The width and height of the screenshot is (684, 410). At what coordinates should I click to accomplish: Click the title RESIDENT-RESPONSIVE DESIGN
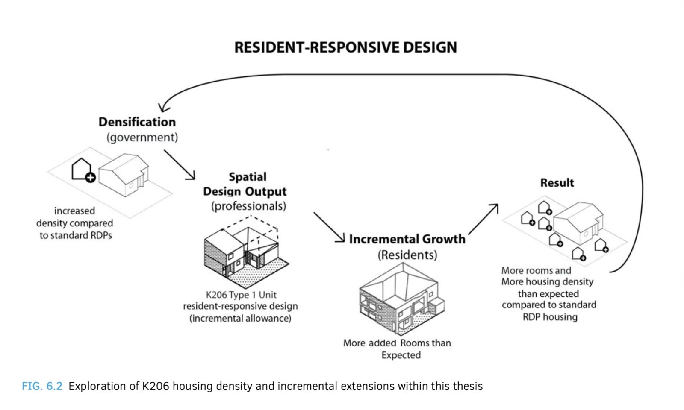[x=345, y=47]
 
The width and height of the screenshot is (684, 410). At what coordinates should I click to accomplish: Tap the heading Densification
[x=137, y=122]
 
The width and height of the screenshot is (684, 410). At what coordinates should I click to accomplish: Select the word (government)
[x=142, y=137]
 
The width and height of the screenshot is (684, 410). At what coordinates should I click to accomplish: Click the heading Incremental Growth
[x=407, y=239]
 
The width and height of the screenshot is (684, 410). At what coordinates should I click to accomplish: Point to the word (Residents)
[x=407, y=255]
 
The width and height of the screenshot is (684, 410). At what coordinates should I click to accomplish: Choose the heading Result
[x=557, y=183]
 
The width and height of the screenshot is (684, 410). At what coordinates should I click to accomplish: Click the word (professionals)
[x=248, y=206]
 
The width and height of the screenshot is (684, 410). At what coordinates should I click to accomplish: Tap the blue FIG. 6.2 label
[x=42, y=386]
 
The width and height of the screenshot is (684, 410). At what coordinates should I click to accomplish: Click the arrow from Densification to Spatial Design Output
[x=180, y=165]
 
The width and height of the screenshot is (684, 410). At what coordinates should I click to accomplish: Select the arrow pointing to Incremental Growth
[x=329, y=228]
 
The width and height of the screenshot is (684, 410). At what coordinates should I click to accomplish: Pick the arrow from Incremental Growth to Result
[x=484, y=219]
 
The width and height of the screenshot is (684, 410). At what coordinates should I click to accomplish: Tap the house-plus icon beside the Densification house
[x=83, y=170]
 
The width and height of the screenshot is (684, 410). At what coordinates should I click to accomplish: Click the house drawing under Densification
[x=124, y=175]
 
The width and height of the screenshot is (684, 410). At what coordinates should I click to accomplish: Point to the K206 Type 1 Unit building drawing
[x=246, y=252]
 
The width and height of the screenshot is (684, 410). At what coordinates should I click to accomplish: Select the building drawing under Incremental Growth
[x=402, y=299]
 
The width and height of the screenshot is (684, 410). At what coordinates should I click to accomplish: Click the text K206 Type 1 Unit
[x=241, y=295]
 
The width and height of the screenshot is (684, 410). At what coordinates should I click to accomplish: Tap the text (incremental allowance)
[x=240, y=319]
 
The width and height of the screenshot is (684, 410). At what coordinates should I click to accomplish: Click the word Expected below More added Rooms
[x=401, y=355]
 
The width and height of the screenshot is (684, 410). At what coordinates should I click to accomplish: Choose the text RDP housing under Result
[x=550, y=317]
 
